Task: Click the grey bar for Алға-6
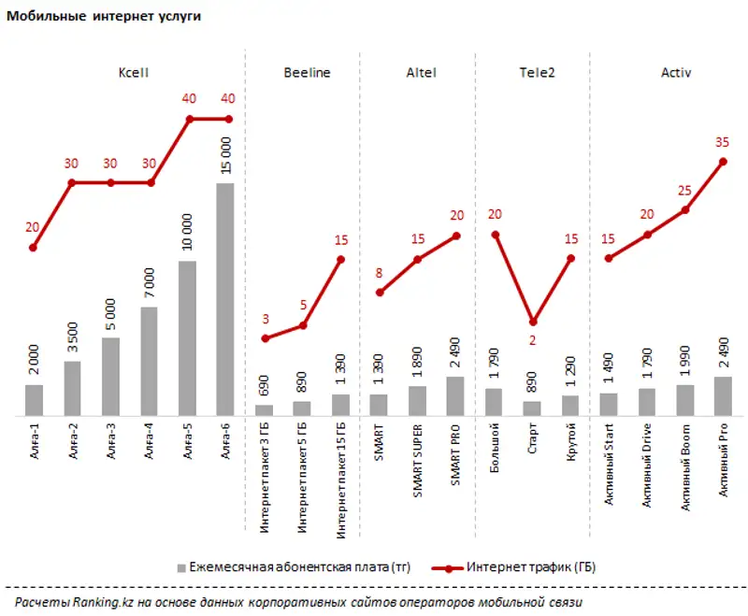click(x=224, y=299)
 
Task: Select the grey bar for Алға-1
click(x=34, y=400)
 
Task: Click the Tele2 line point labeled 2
click(x=533, y=322)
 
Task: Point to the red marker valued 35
click(x=723, y=162)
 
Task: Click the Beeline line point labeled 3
click(x=265, y=338)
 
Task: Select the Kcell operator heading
click(x=134, y=72)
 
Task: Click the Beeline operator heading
click(x=306, y=72)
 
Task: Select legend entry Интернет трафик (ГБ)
click(x=529, y=567)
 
